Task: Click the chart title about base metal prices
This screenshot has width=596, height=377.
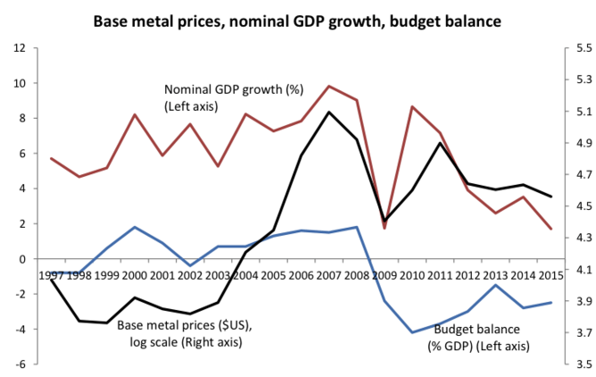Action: pyautogui.click(x=297, y=18)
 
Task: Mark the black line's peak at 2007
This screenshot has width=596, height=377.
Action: pyautogui.click(x=329, y=112)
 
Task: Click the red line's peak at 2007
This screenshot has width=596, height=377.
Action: pyautogui.click(x=329, y=86)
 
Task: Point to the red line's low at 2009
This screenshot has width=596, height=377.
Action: pyautogui.click(x=385, y=228)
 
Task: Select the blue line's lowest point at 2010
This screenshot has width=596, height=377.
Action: pyautogui.click(x=412, y=332)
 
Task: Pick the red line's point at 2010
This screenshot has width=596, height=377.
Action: pyautogui.click(x=412, y=106)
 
